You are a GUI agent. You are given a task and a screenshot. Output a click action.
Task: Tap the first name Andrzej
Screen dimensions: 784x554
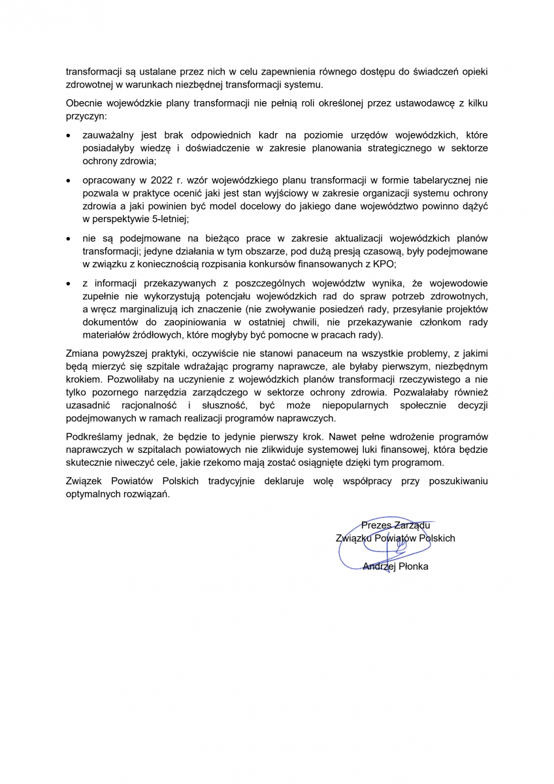[379, 566]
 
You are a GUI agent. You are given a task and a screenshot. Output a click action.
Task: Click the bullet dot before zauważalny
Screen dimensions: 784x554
[69, 135]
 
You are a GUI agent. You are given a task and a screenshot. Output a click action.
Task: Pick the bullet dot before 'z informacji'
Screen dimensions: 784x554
[69, 284]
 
